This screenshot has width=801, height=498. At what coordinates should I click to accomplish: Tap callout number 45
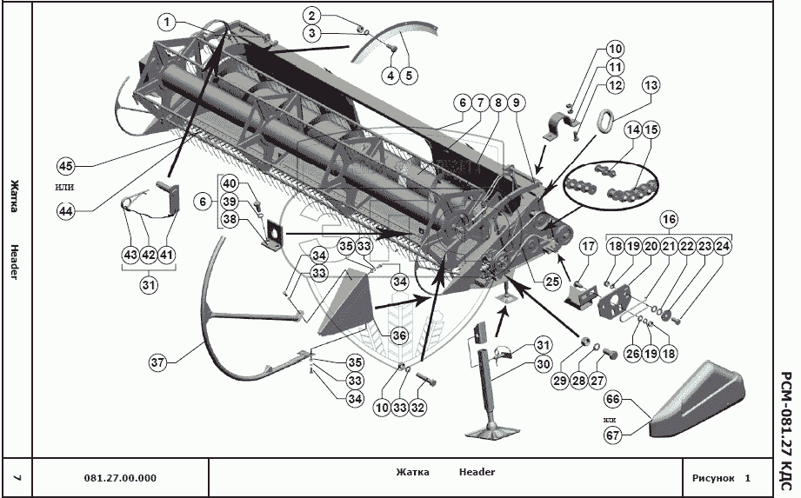coord(65,166)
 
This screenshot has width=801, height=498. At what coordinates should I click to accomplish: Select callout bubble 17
coord(587,247)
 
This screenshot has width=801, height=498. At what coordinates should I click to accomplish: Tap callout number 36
coord(399,335)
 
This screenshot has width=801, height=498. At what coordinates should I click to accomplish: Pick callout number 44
coord(65,209)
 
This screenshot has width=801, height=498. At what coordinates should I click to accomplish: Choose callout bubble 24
coord(723,247)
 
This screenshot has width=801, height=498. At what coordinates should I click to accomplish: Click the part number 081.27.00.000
coord(120,478)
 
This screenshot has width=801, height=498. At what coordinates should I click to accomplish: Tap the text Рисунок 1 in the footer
coord(721,478)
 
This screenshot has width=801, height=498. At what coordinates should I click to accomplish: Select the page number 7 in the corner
coord(17,478)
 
